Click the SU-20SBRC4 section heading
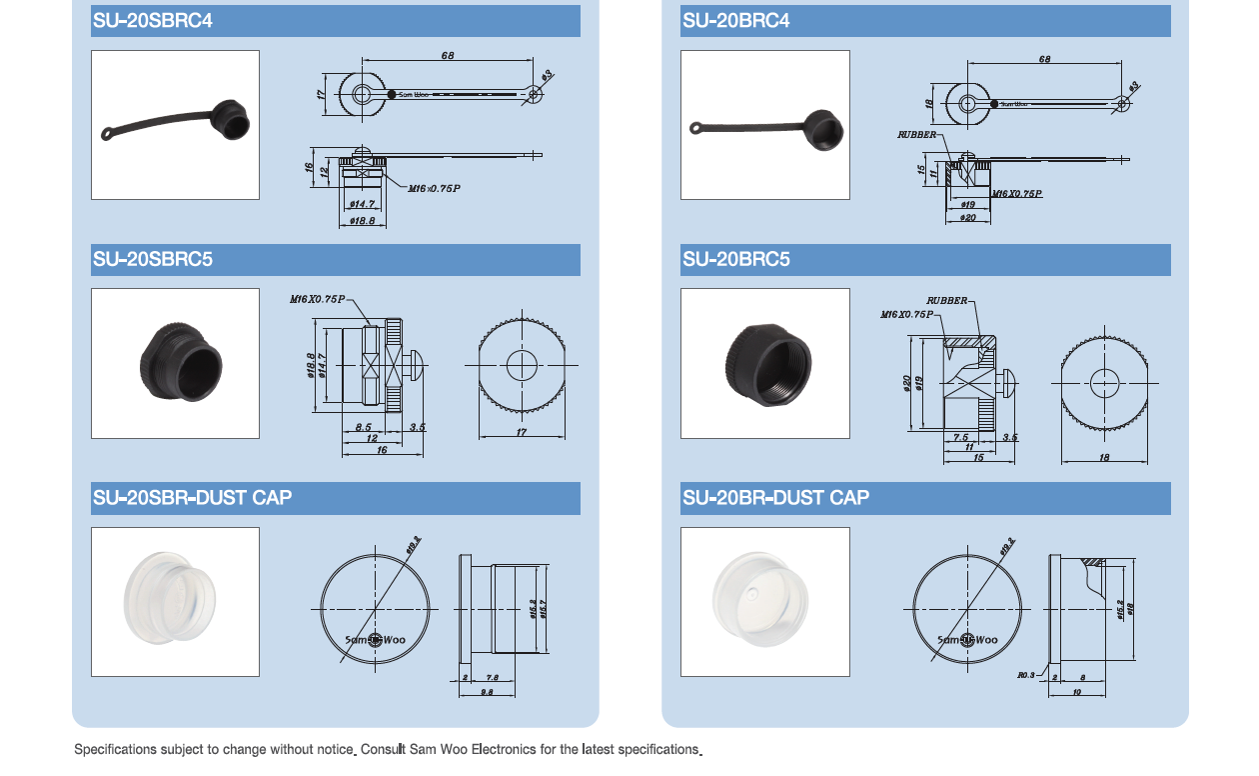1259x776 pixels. (x=153, y=20)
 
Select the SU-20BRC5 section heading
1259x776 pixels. (x=736, y=259)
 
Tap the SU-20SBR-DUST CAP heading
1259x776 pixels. (x=192, y=497)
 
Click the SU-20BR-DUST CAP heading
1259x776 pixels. (x=775, y=497)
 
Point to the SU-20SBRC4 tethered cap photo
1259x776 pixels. (x=176, y=124)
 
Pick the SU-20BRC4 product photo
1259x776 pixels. (x=765, y=124)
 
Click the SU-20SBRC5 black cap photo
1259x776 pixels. (x=176, y=363)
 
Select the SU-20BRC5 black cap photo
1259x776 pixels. (x=765, y=363)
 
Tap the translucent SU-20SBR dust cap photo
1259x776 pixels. (x=176, y=601)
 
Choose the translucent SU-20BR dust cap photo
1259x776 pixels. (x=765, y=601)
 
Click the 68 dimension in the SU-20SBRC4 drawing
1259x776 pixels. (x=448, y=56)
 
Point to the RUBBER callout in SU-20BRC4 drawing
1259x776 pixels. (x=916, y=134)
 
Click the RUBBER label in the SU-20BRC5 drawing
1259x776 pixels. (x=946, y=300)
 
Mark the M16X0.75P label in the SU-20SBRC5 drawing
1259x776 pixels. (x=317, y=299)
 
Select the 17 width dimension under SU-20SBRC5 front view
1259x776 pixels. (x=521, y=432)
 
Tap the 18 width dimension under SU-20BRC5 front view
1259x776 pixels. (x=1103, y=457)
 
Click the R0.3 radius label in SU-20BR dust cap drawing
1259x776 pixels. (x=1026, y=675)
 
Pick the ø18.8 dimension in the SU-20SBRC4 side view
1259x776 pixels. (x=362, y=220)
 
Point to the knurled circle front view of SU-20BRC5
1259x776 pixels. (x=1104, y=382)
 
